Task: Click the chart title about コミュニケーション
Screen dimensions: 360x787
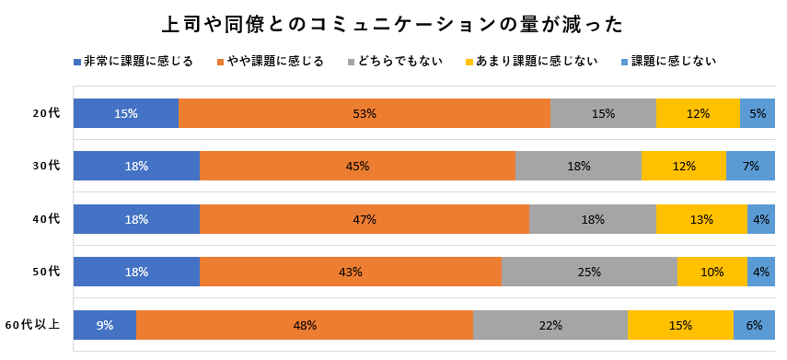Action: [x=393, y=23]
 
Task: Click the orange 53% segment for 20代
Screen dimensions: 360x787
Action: [x=365, y=113]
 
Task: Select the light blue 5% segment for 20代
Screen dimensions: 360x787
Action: [x=758, y=113]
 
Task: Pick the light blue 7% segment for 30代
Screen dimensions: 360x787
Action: [x=750, y=166]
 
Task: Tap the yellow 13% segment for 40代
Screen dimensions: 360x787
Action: [x=701, y=219]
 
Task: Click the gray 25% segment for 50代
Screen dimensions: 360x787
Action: [x=589, y=272]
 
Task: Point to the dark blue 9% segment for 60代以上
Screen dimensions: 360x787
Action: [x=105, y=325]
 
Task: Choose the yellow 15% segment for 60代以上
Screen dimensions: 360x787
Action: [x=680, y=325]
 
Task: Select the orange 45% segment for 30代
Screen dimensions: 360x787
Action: [x=357, y=166]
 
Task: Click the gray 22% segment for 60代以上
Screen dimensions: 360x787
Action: [x=550, y=325]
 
